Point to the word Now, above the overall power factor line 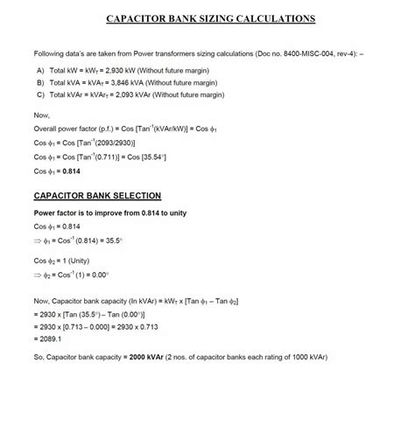click(x=41, y=115)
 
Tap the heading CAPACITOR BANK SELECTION click(x=97, y=196)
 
